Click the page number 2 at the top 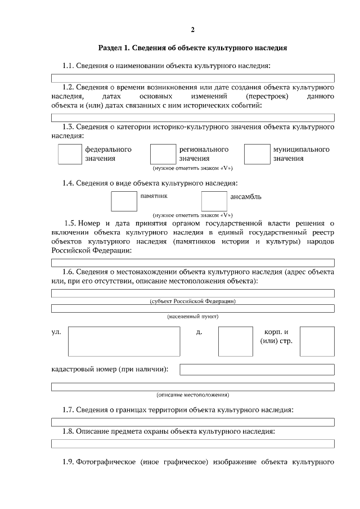(192, 29)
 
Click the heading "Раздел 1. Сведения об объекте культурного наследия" (192, 48)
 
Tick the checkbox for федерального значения (70, 154)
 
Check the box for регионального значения (163, 154)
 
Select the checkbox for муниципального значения (256, 154)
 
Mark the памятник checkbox (124, 201)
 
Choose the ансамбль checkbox (214, 201)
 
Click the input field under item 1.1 (192, 78)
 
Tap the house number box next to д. (231, 341)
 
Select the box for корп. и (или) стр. (317, 341)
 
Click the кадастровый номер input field (256, 370)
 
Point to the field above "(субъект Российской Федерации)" (192, 293)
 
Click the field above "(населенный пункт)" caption (192, 308)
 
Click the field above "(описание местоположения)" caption (192, 387)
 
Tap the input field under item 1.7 (192, 422)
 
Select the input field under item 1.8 (192, 443)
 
